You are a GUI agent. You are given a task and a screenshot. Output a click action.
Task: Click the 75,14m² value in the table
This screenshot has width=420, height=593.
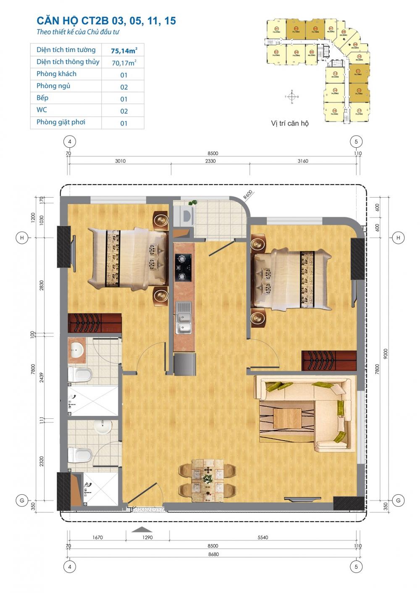[x=124, y=51]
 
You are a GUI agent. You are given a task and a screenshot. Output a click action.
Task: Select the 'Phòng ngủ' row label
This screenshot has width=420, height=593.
[x=53, y=86]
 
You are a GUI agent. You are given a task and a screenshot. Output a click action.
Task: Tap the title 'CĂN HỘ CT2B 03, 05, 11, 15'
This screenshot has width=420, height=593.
[x=106, y=21]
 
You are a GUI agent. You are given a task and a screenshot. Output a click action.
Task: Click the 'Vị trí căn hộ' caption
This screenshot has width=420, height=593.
[x=290, y=123]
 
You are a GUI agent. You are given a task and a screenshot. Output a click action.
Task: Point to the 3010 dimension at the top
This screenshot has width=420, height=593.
[x=120, y=161]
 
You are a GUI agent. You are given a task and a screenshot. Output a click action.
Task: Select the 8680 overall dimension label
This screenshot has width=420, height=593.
[x=213, y=554]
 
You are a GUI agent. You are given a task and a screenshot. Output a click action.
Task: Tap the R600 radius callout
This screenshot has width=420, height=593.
[x=248, y=194]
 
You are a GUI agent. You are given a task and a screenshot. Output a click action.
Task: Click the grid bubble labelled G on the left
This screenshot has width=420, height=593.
[x=22, y=500]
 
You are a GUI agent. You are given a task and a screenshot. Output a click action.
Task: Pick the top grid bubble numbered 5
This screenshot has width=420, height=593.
[x=356, y=142]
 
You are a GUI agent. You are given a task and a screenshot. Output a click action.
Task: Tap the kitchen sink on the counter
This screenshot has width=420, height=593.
[x=184, y=317]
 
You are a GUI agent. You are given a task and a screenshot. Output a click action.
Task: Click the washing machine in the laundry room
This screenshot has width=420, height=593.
[x=185, y=216]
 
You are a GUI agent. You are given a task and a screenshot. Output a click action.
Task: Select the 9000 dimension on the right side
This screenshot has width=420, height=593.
[x=386, y=353]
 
